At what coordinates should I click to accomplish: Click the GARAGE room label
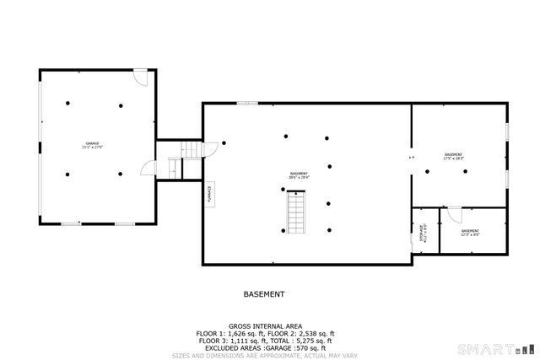[x=92, y=143]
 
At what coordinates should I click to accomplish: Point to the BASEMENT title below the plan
[x=264, y=294]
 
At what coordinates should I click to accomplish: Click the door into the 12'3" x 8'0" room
[x=454, y=211]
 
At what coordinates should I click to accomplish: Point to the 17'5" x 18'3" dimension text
[x=454, y=159]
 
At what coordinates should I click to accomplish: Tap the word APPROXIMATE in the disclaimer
[x=267, y=355]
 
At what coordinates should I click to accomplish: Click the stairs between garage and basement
[x=192, y=151]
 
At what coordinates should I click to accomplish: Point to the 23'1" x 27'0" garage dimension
[x=92, y=148]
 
